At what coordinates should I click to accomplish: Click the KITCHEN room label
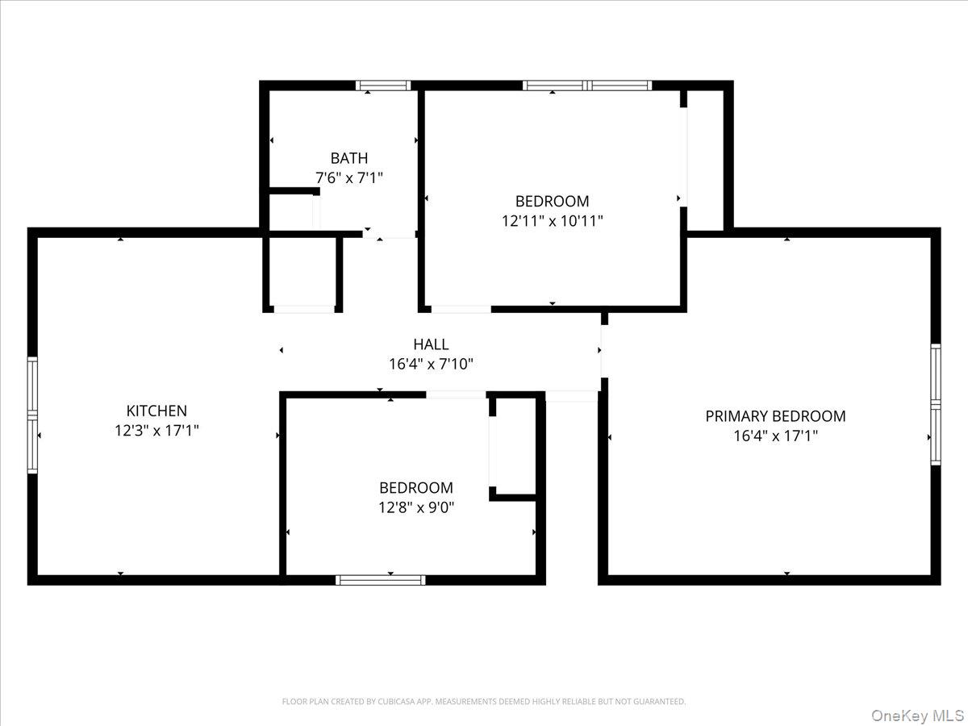pos(156,411)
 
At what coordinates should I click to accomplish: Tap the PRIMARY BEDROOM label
pos(775,416)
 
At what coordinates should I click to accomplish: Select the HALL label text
pos(431,344)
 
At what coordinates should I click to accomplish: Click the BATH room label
pos(348,158)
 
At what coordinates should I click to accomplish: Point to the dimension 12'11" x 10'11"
pos(553,220)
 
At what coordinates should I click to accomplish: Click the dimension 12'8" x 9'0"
pos(416,507)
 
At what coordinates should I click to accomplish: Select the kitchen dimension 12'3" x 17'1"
pos(156,431)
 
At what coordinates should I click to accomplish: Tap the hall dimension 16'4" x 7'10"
pos(431,364)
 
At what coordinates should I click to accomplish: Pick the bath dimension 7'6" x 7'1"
pos(348,177)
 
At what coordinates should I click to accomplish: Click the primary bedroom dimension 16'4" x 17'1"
pos(775,436)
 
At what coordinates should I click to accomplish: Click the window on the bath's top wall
pos(383,86)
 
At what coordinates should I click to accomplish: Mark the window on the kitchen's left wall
pos(33,415)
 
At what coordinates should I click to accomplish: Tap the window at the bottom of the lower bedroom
pos(380,579)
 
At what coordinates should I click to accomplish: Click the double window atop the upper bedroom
pos(586,86)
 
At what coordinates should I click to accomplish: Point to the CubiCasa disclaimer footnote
pos(484,702)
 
